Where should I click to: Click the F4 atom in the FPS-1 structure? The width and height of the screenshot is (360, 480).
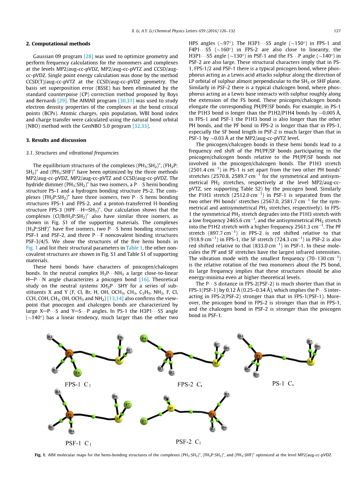coord(78,373)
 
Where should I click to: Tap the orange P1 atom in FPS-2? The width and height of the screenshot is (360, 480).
coord(169,354)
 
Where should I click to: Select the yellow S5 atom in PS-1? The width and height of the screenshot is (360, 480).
coord(310,361)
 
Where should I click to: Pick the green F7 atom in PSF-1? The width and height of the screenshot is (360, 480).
coord(127,405)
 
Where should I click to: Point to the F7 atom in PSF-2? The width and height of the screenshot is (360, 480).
coord(144,421)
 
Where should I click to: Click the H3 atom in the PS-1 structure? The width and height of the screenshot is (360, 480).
coord(241,336)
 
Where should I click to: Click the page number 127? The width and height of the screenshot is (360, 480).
coord(337,31)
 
